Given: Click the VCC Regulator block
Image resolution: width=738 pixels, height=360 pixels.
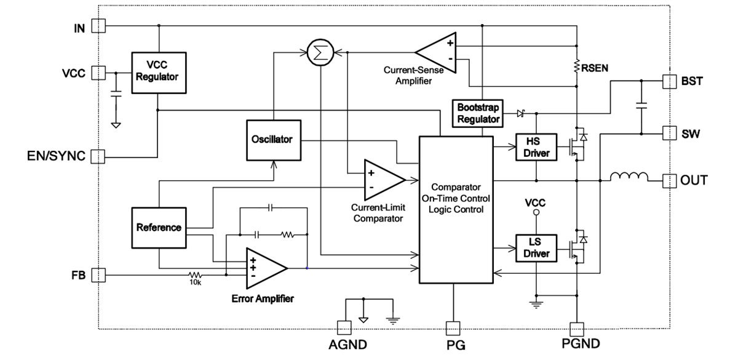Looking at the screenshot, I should (158, 72).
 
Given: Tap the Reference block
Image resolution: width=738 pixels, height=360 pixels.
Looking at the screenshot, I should (159, 228).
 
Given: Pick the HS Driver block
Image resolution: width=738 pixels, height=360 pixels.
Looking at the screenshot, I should (536, 148).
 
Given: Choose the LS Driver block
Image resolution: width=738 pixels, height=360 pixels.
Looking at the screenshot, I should (536, 248).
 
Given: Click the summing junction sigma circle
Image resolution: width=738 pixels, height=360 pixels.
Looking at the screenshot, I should (319, 53).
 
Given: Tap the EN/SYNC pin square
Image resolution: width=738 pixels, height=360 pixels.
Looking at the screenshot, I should (98, 156).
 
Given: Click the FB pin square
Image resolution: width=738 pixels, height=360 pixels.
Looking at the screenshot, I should (98, 274).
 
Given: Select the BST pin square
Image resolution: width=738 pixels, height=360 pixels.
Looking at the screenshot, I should (669, 80).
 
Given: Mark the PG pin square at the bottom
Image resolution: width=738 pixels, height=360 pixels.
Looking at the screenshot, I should (453, 328).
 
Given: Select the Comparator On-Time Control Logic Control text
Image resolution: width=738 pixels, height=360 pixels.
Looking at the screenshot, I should (456, 198).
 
